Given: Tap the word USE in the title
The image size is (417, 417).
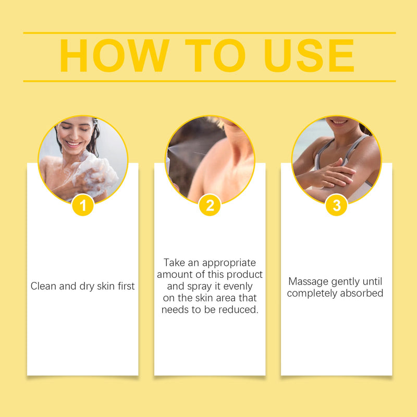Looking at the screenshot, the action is click(x=309, y=56).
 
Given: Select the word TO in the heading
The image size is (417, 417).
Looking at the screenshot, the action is click(x=215, y=56).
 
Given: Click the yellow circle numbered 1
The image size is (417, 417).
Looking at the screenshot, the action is click(x=83, y=205).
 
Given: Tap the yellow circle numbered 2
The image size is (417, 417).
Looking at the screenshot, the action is click(x=210, y=205).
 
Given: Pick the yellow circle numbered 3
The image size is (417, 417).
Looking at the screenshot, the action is click(x=336, y=205).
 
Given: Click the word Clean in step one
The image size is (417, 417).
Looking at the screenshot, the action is click(x=43, y=286).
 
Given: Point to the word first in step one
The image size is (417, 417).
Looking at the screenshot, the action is click(x=126, y=286).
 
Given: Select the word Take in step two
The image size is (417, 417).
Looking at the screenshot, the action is click(x=174, y=263).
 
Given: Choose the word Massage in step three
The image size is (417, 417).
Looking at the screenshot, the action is click(x=308, y=281).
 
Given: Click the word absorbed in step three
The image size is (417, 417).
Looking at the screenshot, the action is click(x=362, y=293).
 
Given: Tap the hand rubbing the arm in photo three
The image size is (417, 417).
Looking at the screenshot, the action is click(x=333, y=174).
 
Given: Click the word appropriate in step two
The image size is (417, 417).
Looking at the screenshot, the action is click(x=229, y=263).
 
